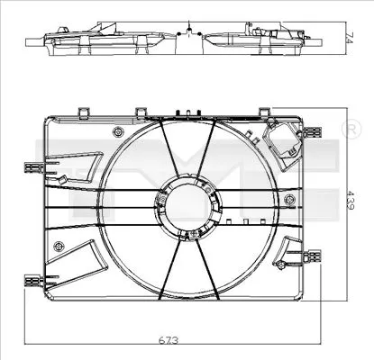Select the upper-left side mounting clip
click(x=33, y=166)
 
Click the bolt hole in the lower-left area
click(x=59, y=246)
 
